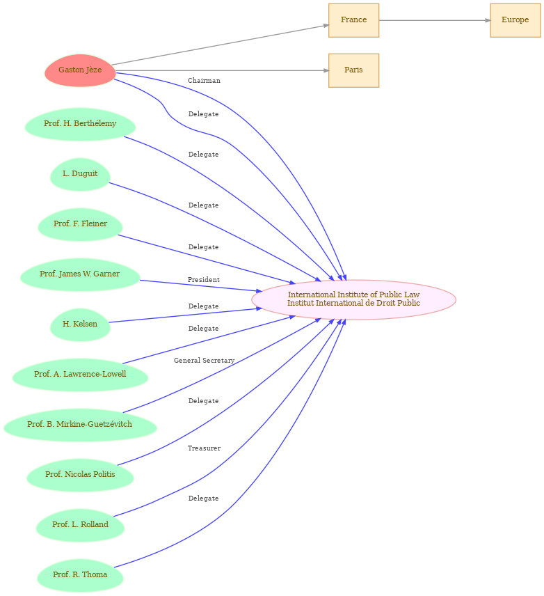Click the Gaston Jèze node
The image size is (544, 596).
pos(80,70)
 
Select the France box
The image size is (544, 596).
pos(353,20)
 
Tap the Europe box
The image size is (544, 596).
pos(515,20)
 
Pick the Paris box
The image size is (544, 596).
pos(353,70)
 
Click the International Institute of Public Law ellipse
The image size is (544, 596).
pos(353,299)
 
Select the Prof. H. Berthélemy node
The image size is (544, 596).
pos(80,125)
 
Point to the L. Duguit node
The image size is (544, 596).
pos(80,175)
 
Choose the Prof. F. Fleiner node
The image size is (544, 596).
pos(80,224)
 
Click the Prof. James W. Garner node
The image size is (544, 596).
pos(80,274)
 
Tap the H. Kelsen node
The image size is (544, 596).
pos(80,324)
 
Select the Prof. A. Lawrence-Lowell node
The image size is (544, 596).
pos(80,375)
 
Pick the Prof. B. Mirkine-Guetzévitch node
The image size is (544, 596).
pos(80,425)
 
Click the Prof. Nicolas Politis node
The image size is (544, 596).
pos(80,475)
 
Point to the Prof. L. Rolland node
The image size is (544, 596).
pos(80,525)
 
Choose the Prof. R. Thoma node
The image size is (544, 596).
pos(80,575)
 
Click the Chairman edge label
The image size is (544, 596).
pos(204,81)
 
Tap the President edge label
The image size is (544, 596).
pos(204,280)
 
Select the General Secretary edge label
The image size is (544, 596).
pos(204,361)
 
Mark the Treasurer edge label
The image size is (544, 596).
pos(204,448)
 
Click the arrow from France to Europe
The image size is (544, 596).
pos(435,20)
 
